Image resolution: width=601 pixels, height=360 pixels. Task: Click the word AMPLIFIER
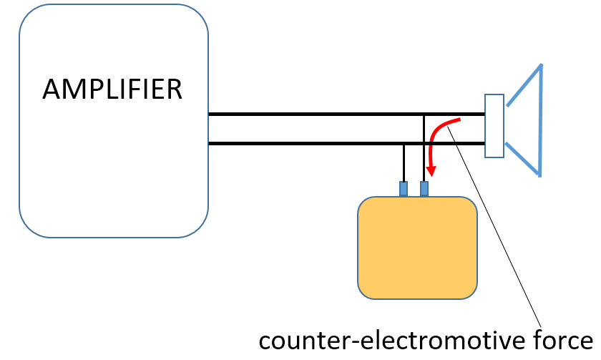point(112,89)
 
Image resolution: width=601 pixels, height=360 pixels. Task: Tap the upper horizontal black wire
point(315,114)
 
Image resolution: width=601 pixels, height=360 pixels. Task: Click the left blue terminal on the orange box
point(404,188)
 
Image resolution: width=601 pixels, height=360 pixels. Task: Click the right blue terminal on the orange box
point(424,188)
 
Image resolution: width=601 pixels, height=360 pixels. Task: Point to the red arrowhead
point(431,172)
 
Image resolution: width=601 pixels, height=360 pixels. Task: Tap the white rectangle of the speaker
point(494,126)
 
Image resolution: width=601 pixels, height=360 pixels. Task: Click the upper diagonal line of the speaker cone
point(524,86)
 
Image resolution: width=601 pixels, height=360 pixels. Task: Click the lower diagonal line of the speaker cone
point(522,159)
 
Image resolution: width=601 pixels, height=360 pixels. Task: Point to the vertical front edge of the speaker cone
point(540,120)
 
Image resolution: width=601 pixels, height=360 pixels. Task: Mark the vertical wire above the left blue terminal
point(404,162)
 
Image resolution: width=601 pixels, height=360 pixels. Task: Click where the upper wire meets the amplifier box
point(209,114)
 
